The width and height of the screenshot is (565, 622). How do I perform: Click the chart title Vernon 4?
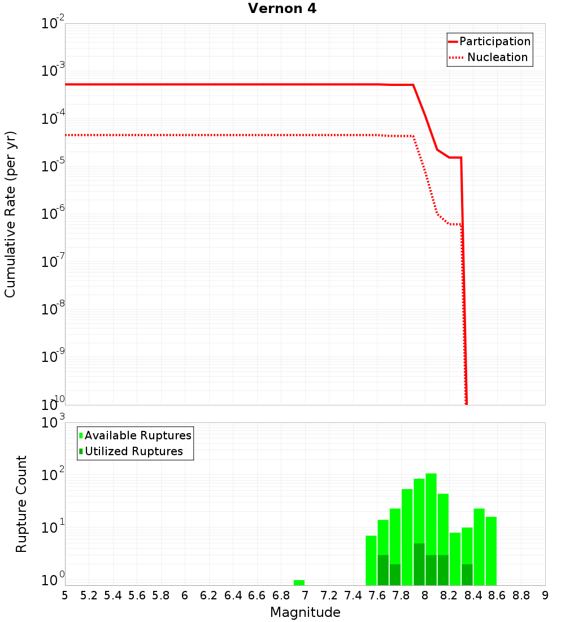(282, 8)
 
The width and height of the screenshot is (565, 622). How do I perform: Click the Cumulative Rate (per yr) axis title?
(10, 214)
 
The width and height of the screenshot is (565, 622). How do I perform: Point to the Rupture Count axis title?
(21, 503)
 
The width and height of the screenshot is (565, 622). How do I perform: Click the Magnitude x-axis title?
(305, 612)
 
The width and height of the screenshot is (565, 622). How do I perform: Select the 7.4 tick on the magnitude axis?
(353, 595)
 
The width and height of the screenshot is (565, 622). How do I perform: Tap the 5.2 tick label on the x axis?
(89, 595)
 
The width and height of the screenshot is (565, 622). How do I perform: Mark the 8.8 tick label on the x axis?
(521, 595)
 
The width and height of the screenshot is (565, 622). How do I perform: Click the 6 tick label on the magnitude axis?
(185, 595)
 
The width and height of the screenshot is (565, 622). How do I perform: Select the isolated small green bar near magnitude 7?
(299, 582)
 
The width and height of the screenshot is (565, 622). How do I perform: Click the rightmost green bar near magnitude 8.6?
(491, 551)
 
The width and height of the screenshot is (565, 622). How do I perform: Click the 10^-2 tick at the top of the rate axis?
(53, 24)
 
